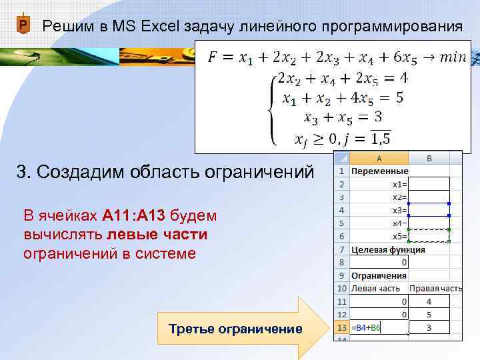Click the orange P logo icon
pyautogui.click(x=23, y=26)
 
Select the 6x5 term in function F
pyautogui.click(x=400, y=59)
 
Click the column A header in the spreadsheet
pyautogui.click(x=379, y=159)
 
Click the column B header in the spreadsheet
pyautogui.click(x=429, y=159)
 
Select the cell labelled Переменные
pyautogui.click(x=379, y=171)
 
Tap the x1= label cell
pyautogui.click(x=379, y=184)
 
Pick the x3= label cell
pyautogui.click(x=379, y=210)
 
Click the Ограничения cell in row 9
pyautogui.click(x=379, y=275)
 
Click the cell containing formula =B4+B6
pyautogui.click(x=378, y=327)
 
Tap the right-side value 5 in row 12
pyautogui.click(x=429, y=314)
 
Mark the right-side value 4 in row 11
pyautogui.click(x=429, y=301)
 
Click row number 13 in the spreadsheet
pyautogui.click(x=341, y=327)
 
